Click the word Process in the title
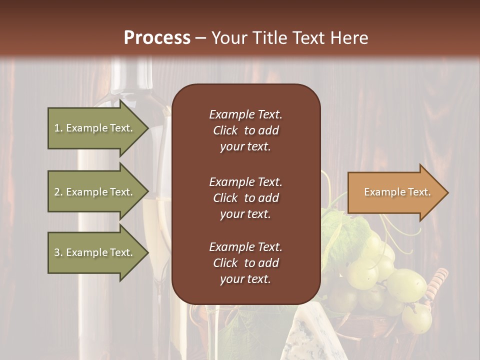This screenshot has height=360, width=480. coord(157,37)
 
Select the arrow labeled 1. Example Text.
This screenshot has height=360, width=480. coord(95,128)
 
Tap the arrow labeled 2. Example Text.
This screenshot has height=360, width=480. coord(95,192)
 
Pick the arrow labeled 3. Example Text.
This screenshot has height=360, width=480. coord(95,252)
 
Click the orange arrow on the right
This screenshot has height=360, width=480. coord(395,192)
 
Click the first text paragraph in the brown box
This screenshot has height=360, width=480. coord(245,130)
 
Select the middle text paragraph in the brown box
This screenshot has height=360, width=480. coord(245,198)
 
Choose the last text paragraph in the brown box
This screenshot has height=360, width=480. coord(245,263)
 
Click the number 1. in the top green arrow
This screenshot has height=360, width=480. coord(58,128)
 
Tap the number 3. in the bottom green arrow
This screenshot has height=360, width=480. coord(58,252)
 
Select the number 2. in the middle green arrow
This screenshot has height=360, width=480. coord(58,192)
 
